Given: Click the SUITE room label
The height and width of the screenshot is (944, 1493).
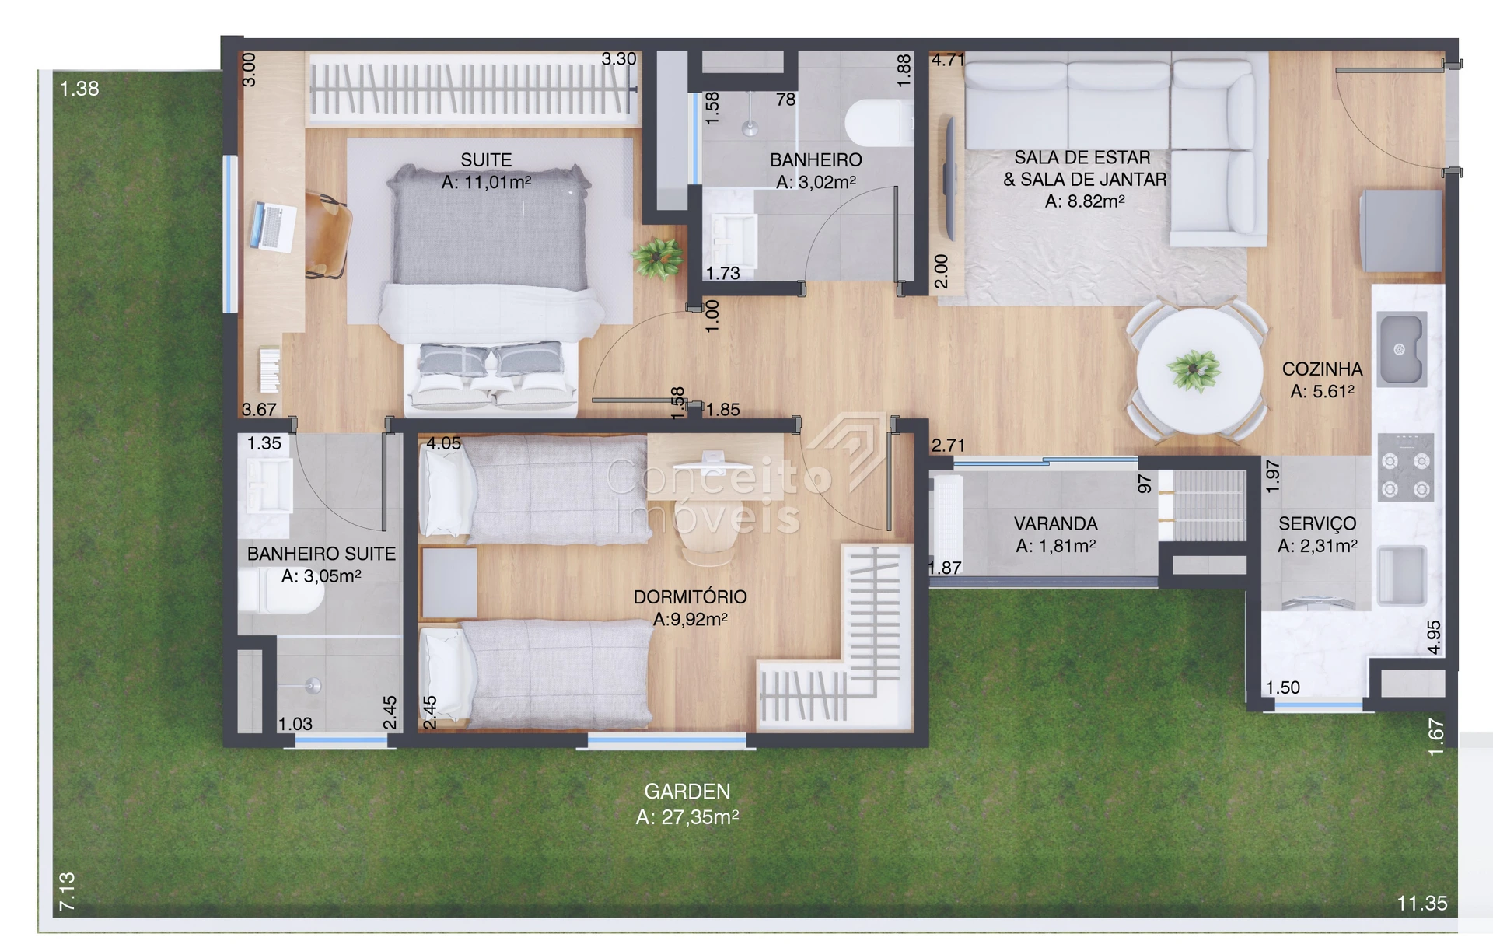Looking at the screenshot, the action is tap(486, 160).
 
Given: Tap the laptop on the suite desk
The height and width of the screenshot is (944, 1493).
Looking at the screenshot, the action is tap(274, 226).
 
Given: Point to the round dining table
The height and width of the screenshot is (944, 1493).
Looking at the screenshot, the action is tap(1198, 371).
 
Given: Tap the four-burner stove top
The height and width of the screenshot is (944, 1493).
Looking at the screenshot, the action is tap(1406, 467).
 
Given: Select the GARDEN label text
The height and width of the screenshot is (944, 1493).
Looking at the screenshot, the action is tap(687, 792).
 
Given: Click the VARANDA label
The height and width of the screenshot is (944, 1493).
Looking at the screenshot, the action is tap(1056, 524).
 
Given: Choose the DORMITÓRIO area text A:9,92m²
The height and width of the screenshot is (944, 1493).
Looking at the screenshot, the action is tap(691, 620).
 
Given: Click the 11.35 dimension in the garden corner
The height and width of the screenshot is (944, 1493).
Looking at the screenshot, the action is tap(1422, 903).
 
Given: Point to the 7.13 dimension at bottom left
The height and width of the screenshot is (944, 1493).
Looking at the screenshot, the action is tap(67, 891).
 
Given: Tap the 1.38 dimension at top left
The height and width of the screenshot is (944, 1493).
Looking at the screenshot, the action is tap(79, 89).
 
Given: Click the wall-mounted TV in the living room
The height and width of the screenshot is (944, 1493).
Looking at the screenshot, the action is tap(949, 179).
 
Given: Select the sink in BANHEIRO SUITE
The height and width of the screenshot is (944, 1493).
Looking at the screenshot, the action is tap(269, 485).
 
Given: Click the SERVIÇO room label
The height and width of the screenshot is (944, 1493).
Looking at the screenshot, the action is tap(1317, 524).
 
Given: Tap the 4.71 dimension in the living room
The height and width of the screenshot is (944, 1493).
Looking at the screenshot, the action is tap(949, 60).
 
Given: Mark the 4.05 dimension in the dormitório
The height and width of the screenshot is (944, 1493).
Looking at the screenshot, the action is tap(444, 443).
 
